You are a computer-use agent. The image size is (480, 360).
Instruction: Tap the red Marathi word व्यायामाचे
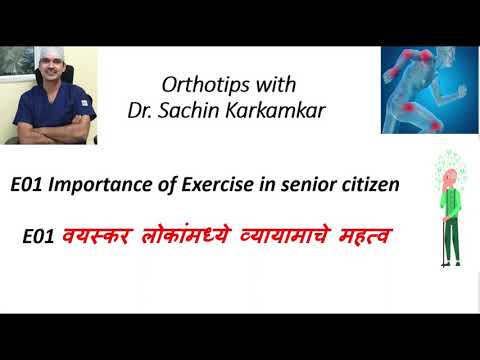coord(273,236)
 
